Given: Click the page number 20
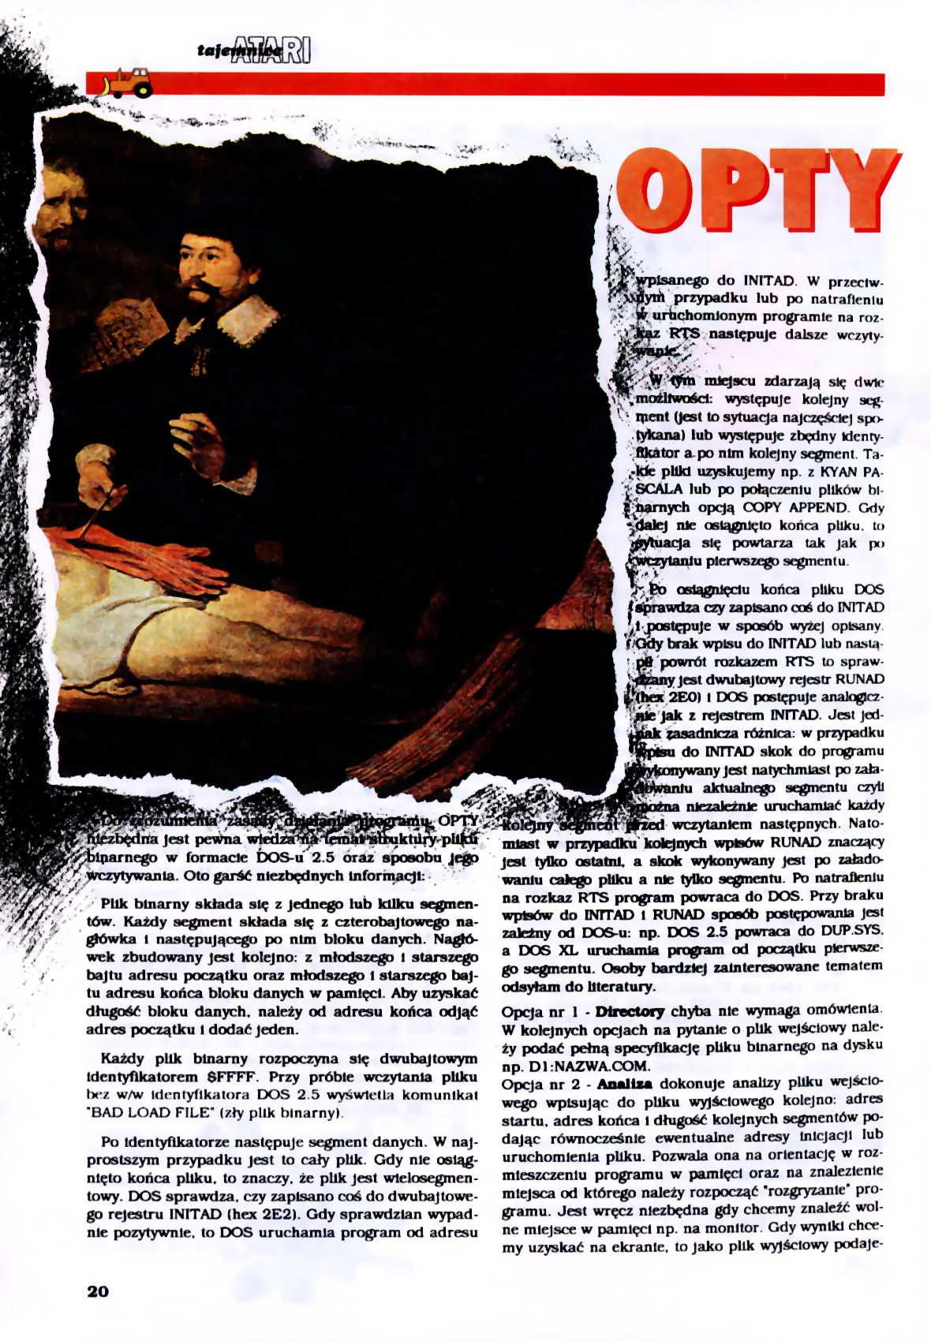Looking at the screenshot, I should (x=98, y=1291).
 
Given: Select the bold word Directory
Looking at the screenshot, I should (x=630, y=1011).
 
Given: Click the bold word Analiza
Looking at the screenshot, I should (x=624, y=1084).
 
